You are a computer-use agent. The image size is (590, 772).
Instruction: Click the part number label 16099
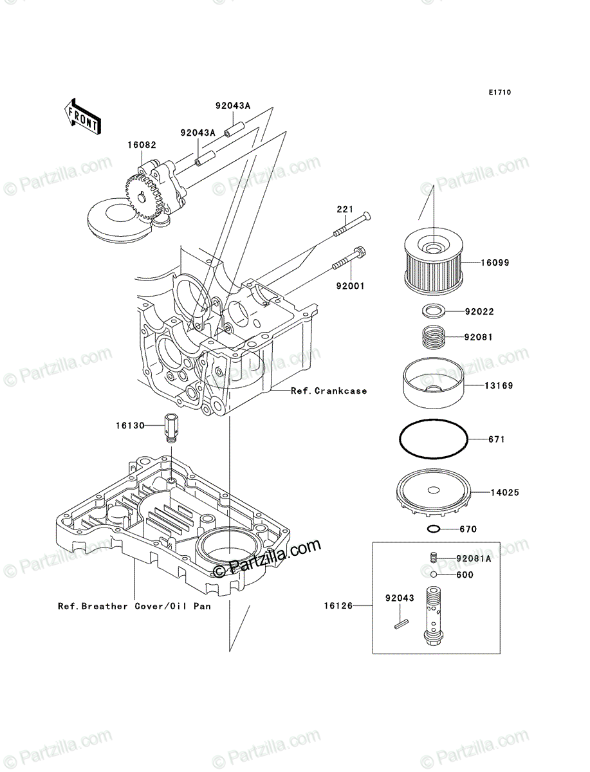tap(495, 262)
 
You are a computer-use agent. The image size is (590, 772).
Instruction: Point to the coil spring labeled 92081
tap(433, 338)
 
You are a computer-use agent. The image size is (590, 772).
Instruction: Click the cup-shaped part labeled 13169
tap(433, 383)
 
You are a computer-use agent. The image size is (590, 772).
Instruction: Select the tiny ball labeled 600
tap(434, 574)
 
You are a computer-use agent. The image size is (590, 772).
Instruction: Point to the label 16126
tap(338, 606)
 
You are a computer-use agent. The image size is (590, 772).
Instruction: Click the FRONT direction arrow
tap(82, 116)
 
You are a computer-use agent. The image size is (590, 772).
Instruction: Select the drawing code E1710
tap(500, 93)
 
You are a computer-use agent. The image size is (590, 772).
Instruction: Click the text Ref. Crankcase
tap(329, 391)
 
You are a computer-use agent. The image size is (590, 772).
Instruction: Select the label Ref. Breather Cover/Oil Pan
tap(134, 606)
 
